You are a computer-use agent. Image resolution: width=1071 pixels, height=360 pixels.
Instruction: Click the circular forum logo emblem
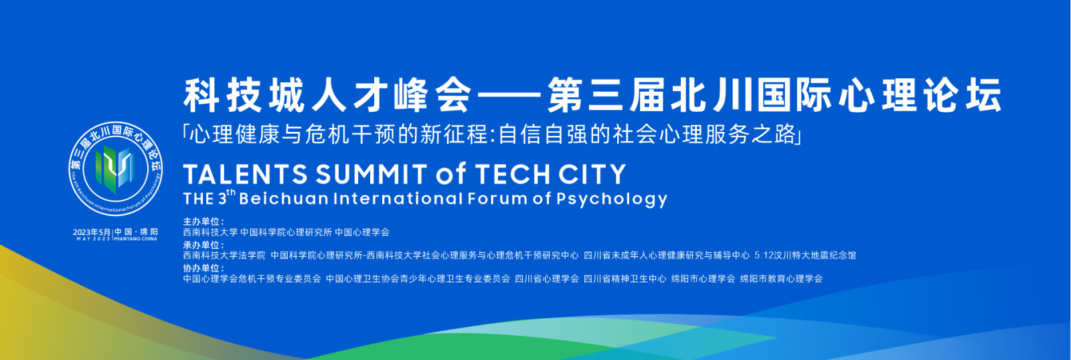[x=116, y=168]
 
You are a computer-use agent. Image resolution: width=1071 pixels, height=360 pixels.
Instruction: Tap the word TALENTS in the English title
[x=245, y=174]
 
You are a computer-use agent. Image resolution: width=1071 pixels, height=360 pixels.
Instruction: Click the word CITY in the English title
[x=592, y=174]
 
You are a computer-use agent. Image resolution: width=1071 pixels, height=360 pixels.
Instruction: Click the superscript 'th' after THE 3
[x=231, y=192]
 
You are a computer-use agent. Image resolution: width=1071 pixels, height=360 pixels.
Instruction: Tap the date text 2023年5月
[x=92, y=232]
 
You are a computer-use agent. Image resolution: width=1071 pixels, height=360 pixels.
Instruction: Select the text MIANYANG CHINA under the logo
[x=136, y=239]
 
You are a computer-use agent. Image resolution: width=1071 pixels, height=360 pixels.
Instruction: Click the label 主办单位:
[x=203, y=221]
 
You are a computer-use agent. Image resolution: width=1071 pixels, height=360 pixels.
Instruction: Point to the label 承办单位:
[x=203, y=245]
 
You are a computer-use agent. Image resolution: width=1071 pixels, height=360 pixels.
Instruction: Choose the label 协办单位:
[x=203, y=268]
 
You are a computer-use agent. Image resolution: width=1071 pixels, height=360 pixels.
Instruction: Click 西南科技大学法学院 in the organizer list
[x=224, y=256]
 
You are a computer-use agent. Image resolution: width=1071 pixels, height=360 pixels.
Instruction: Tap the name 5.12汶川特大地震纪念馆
[x=805, y=256]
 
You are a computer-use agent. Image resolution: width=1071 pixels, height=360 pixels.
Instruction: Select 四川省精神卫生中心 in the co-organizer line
[x=625, y=279]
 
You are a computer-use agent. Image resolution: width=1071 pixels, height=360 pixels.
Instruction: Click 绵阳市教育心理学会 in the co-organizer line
[x=781, y=279]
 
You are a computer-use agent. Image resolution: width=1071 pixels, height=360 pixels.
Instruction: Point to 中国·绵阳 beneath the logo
[x=136, y=232]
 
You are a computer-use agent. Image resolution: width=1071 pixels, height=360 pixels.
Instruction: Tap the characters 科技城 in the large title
[x=240, y=95]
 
